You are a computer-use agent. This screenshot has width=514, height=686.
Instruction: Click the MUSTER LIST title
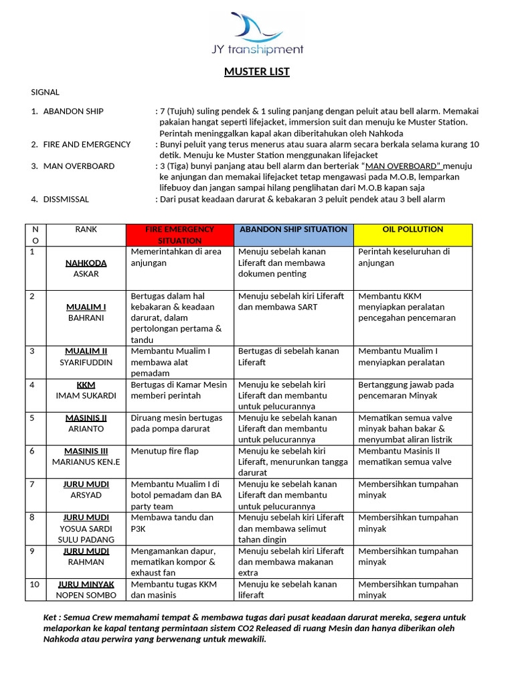click(x=257, y=72)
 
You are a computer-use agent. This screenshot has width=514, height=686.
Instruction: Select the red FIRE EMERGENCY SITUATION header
click(x=179, y=234)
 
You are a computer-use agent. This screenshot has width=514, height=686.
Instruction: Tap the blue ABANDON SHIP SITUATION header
click(x=292, y=229)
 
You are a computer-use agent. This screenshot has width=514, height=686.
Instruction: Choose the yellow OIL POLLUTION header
click(x=412, y=229)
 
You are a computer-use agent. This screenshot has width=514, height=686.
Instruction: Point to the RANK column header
click(x=86, y=229)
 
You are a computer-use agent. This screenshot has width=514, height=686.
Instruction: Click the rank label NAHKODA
click(x=86, y=263)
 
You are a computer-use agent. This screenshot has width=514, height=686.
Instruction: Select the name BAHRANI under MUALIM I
click(x=86, y=318)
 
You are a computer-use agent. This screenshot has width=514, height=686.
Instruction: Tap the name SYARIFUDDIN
click(x=86, y=362)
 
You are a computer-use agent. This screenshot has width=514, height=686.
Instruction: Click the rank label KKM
click(x=86, y=385)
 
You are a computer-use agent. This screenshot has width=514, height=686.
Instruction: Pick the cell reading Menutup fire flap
click(x=165, y=451)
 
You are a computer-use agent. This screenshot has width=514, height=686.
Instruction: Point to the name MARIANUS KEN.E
click(x=86, y=462)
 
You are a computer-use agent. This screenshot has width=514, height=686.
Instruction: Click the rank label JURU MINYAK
click(x=86, y=584)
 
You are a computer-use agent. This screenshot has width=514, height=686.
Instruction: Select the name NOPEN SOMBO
click(x=86, y=595)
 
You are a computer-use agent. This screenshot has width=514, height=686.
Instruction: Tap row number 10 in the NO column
click(x=35, y=584)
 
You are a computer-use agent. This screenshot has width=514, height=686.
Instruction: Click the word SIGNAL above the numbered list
click(x=46, y=92)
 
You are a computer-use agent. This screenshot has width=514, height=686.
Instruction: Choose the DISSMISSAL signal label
click(x=66, y=199)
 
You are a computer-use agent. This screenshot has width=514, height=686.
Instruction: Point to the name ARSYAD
click(x=86, y=495)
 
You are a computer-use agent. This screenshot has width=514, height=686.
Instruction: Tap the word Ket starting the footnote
click(x=51, y=617)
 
